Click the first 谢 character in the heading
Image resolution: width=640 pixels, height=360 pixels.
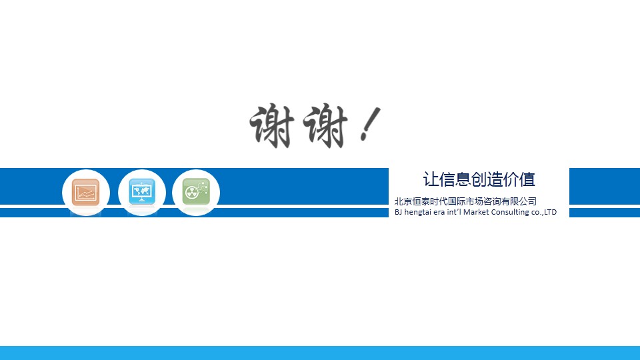[272, 126]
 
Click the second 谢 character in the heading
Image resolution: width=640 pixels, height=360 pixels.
[325, 126]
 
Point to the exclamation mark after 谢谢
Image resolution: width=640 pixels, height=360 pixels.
[370, 124]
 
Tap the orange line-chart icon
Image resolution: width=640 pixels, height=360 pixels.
[86, 192]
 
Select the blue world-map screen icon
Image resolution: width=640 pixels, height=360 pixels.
[141, 191]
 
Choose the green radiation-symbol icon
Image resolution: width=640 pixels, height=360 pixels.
[196, 191]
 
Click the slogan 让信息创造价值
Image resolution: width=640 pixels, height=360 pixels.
[479, 179]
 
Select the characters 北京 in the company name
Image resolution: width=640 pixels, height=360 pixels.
[403, 201]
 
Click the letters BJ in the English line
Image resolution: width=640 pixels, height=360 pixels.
[399, 212]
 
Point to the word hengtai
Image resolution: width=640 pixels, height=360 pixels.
[417, 212]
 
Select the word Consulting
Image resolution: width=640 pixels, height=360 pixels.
[510, 212]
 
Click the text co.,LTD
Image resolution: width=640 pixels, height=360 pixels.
[544, 212]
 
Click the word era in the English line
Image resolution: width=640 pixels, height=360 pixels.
[439, 213]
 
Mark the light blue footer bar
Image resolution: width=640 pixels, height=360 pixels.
[320, 353]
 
